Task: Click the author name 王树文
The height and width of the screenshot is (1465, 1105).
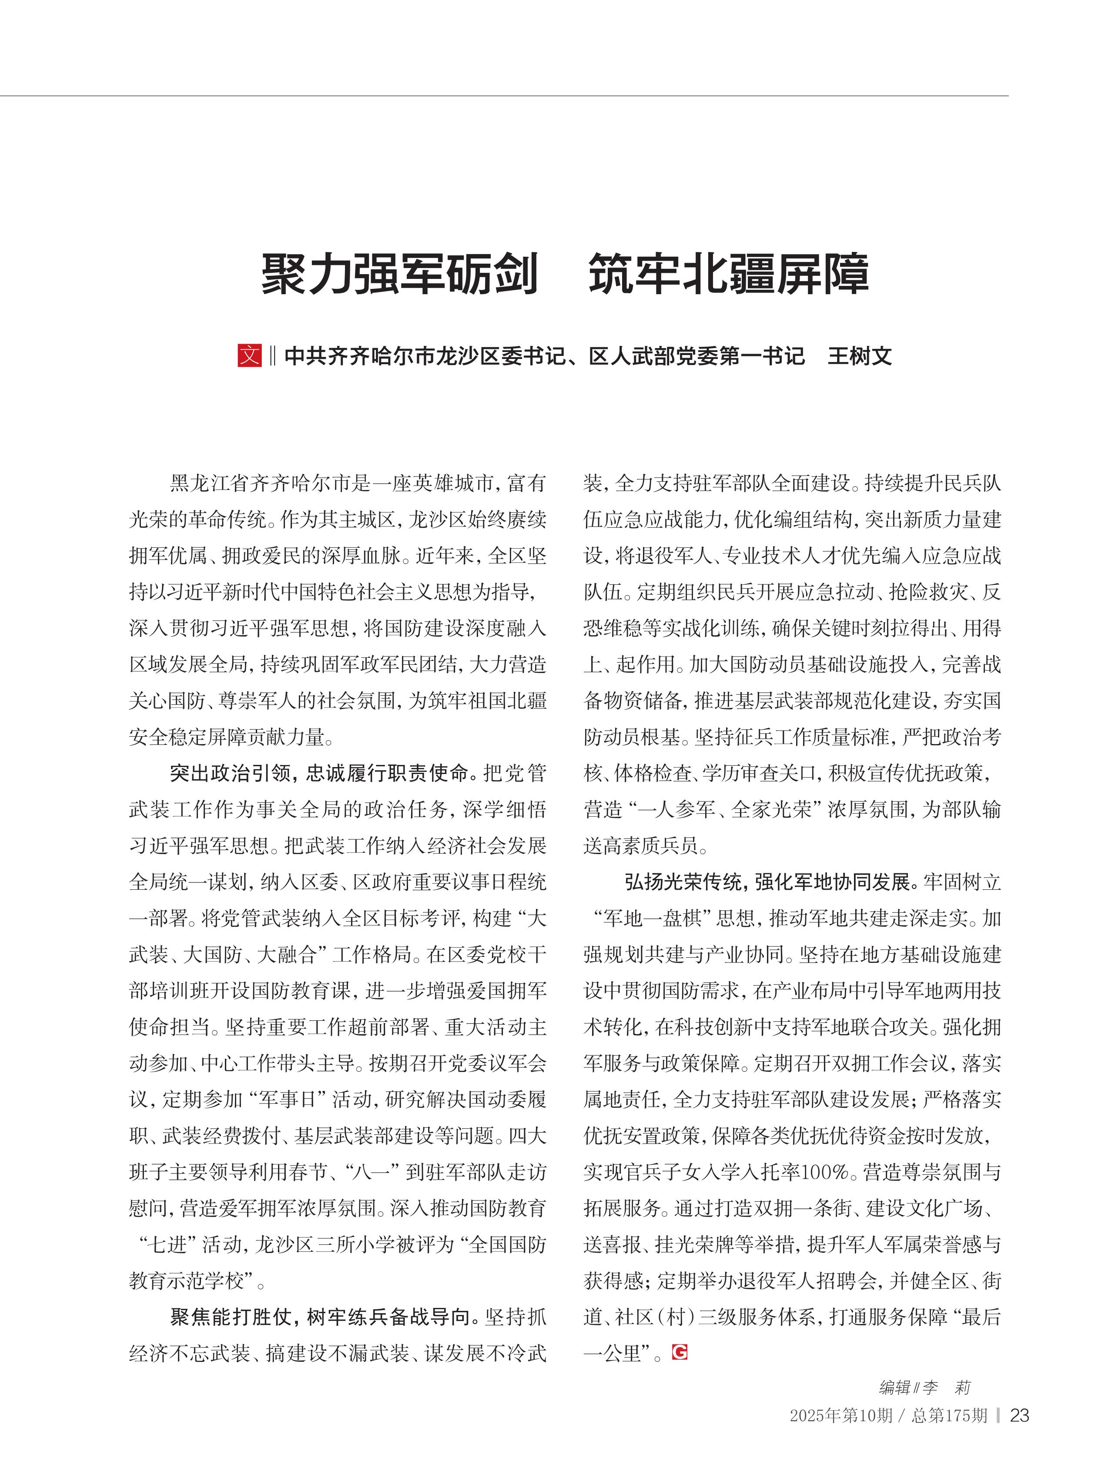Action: [859, 356]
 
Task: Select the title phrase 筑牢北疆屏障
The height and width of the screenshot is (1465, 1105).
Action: [728, 274]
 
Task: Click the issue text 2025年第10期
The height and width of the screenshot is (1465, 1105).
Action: [841, 1415]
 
